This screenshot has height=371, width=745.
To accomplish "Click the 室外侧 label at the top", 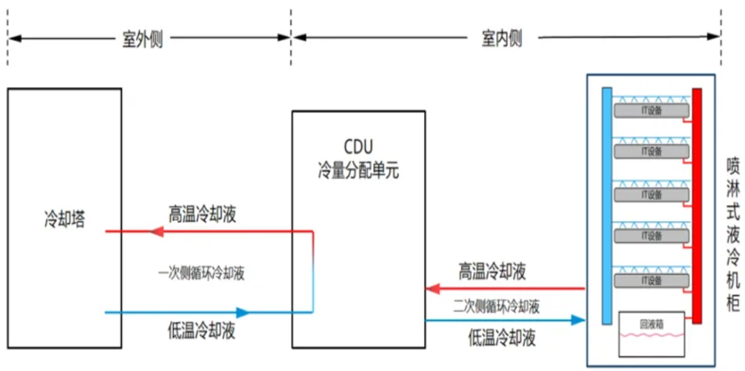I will pos(143,39).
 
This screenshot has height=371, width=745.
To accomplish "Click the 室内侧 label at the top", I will pos(502,39).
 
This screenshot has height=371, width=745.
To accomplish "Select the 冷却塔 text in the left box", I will pos(65,219).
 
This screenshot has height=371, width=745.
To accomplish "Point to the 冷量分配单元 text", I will pos(358,170).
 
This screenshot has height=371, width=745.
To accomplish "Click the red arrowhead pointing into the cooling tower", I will pos(155,231).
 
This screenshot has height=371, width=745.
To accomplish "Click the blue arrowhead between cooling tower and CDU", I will pos(242,312).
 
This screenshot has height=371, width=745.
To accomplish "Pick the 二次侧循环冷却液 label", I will pos(496,307).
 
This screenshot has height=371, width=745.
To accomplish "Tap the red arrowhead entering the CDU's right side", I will pos(433,289).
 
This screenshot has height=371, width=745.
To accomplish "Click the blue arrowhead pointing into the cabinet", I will pos(577,320).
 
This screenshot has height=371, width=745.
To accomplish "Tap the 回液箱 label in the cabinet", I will pos(651,325).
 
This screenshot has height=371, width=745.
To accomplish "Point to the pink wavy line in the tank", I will pos(651,335).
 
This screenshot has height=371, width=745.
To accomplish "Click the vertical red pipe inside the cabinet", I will pos(697,206).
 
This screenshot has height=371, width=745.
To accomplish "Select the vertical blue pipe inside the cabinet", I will pos(607,206).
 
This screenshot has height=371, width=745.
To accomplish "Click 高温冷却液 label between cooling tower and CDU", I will pos(202,215).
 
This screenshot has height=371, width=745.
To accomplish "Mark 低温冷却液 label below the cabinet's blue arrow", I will pos(502,338).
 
